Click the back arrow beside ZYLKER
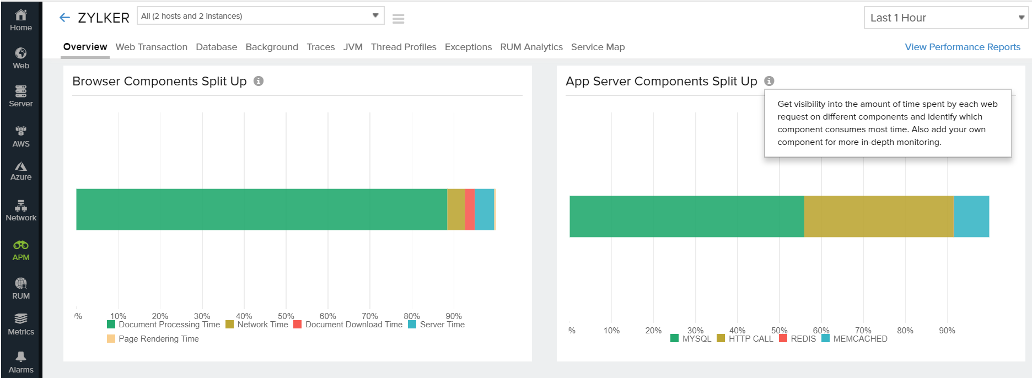[x=64, y=18]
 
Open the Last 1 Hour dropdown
[x=945, y=18]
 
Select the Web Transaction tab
[x=151, y=47]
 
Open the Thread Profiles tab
[x=403, y=47]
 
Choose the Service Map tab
[x=598, y=47]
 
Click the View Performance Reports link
[x=962, y=47]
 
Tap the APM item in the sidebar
[x=21, y=250]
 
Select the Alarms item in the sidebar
[x=21, y=362]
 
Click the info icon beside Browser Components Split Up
[x=259, y=81]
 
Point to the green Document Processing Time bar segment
[x=261, y=209]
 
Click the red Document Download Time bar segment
[x=470, y=209]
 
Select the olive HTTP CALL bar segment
[x=878, y=217]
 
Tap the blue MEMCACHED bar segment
[x=971, y=217]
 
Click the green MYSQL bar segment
[x=686, y=217]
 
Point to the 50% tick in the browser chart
[x=286, y=316]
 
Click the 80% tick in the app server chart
[x=905, y=331]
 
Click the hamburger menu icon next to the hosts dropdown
[x=398, y=19]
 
